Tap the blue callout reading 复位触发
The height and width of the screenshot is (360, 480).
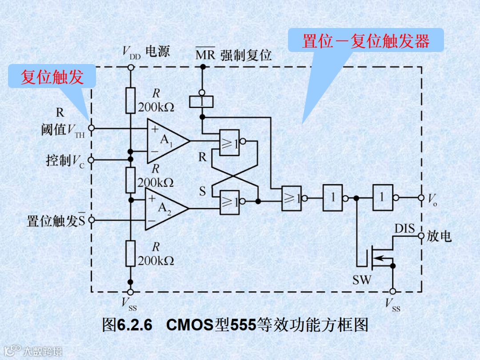click(x=52, y=77)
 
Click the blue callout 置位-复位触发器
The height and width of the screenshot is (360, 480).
click(x=366, y=41)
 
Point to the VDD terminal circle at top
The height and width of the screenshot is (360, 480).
click(x=130, y=67)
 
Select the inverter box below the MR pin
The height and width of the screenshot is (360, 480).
click(x=202, y=102)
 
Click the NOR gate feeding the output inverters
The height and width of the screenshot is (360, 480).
click(x=292, y=198)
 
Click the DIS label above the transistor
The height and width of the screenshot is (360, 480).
click(x=404, y=229)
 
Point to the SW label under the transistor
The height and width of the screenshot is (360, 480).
click(x=362, y=280)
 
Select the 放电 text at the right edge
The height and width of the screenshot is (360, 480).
click(x=439, y=236)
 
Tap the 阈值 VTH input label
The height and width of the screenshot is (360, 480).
click(x=62, y=130)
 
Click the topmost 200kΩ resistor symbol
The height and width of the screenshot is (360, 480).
click(x=130, y=100)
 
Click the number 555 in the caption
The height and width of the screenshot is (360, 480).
click(x=243, y=325)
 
